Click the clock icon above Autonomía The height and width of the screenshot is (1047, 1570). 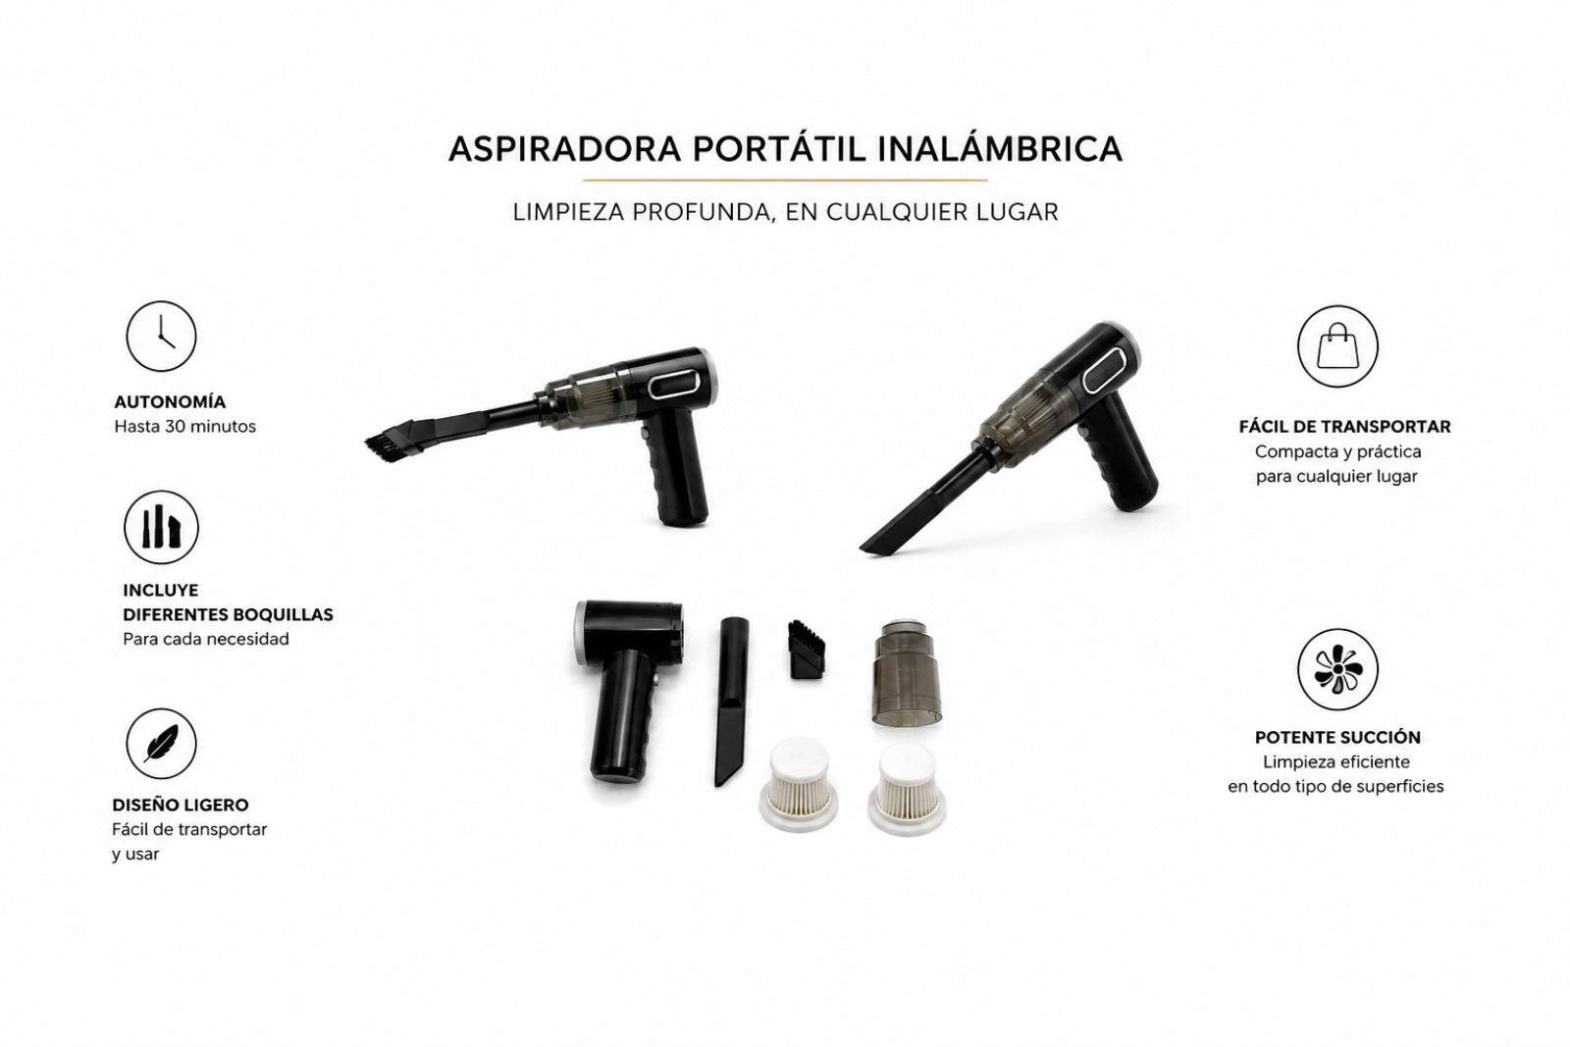(x=161, y=337)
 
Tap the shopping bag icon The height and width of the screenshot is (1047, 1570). (x=1337, y=346)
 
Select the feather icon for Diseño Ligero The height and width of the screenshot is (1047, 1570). (x=161, y=743)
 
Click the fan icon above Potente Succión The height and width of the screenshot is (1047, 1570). (x=1337, y=669)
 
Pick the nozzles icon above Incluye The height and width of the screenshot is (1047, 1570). (x=161, y=527)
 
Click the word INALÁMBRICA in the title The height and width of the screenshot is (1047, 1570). (x=1000, y=148)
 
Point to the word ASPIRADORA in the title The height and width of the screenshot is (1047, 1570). (x=564, y=148)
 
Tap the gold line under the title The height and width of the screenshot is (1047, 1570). (x=785, y=181)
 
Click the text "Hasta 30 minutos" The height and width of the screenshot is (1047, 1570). (x=185, y=426)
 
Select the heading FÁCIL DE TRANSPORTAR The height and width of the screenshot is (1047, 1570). (x=1344, y=426)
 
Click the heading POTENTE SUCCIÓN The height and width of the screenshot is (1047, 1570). (x=1337, y=737)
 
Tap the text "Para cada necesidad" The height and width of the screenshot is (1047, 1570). (x=206, y=639)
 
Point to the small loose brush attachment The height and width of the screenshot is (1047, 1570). (x=807, y=649)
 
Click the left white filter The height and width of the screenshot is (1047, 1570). (x=799, y=786)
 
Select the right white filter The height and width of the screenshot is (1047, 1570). (x=907, y=789)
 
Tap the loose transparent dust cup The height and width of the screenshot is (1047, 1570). (x=907, y=672)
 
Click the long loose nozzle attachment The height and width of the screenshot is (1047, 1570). (x=731, y=701)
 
